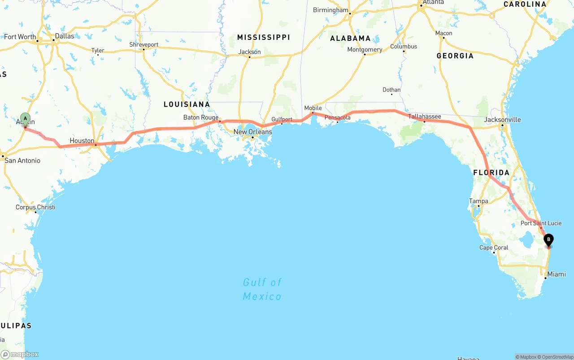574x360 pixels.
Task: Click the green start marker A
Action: pos(26,119)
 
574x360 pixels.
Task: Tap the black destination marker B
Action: pos(548,240)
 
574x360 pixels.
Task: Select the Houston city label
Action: pos(82,141)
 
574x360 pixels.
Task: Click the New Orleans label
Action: pos(252,132)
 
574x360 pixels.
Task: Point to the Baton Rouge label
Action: pos(201,117)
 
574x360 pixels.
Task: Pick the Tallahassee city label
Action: pos(424,117)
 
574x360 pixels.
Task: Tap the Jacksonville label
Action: pos(502,120)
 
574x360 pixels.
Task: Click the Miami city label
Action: pos(557,274)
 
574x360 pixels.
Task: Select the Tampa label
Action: pos(478,201)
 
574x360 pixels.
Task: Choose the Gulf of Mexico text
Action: pos(262,289)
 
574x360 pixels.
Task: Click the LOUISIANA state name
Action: pos(187,104)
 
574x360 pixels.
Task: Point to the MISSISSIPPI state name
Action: pos(264,37)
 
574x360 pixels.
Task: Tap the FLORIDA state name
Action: pos(491,173)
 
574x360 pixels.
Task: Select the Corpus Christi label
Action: pos(35,207)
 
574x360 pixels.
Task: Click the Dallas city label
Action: pos(65,36)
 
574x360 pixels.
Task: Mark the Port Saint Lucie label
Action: pos(541,223)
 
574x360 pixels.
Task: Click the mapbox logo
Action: pos(20,354)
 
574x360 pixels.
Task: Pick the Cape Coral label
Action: pos(494,247)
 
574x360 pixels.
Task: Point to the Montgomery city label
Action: pos(365,50)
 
